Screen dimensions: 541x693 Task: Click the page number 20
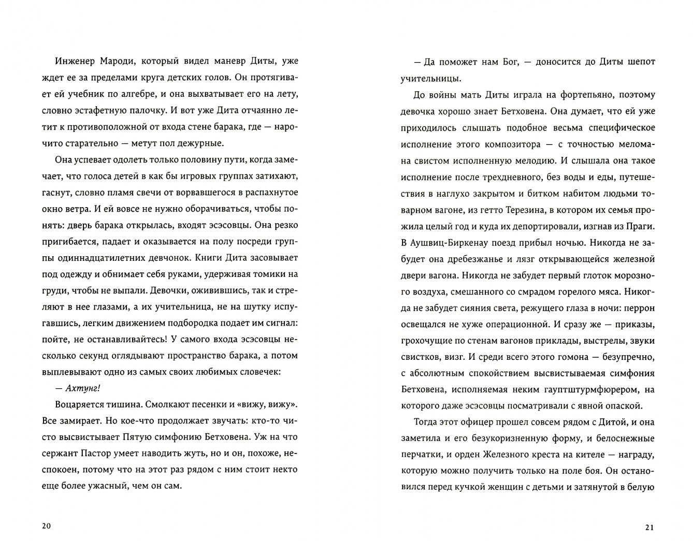click(x=46, y=527)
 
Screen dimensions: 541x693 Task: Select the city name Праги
click(x=642, y=226)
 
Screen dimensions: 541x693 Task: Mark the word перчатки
click(x=422, y=455)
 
